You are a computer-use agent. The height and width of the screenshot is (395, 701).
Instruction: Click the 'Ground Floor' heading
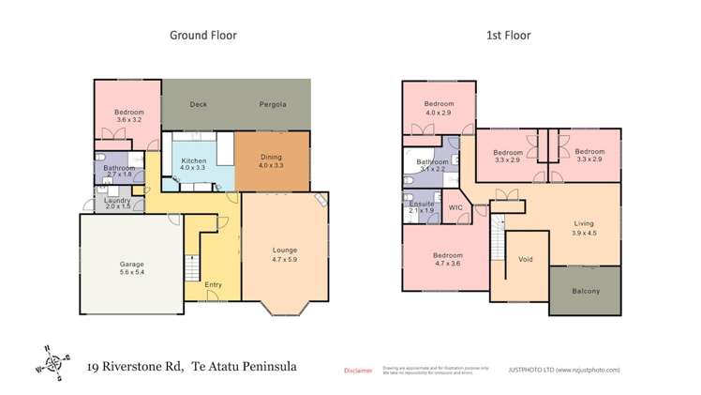point(202,36)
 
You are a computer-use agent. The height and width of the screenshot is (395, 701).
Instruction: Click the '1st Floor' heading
point(508,36)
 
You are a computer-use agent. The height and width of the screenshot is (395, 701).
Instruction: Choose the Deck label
point(198,104)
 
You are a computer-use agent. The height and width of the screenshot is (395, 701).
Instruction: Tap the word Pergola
point(273,104)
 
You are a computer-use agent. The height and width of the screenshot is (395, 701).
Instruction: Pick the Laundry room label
point(115,200)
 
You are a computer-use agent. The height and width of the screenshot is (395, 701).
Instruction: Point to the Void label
point(525,260)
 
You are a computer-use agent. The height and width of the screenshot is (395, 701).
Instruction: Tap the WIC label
point(456,206)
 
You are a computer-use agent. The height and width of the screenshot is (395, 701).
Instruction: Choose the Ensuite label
point(421,203)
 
